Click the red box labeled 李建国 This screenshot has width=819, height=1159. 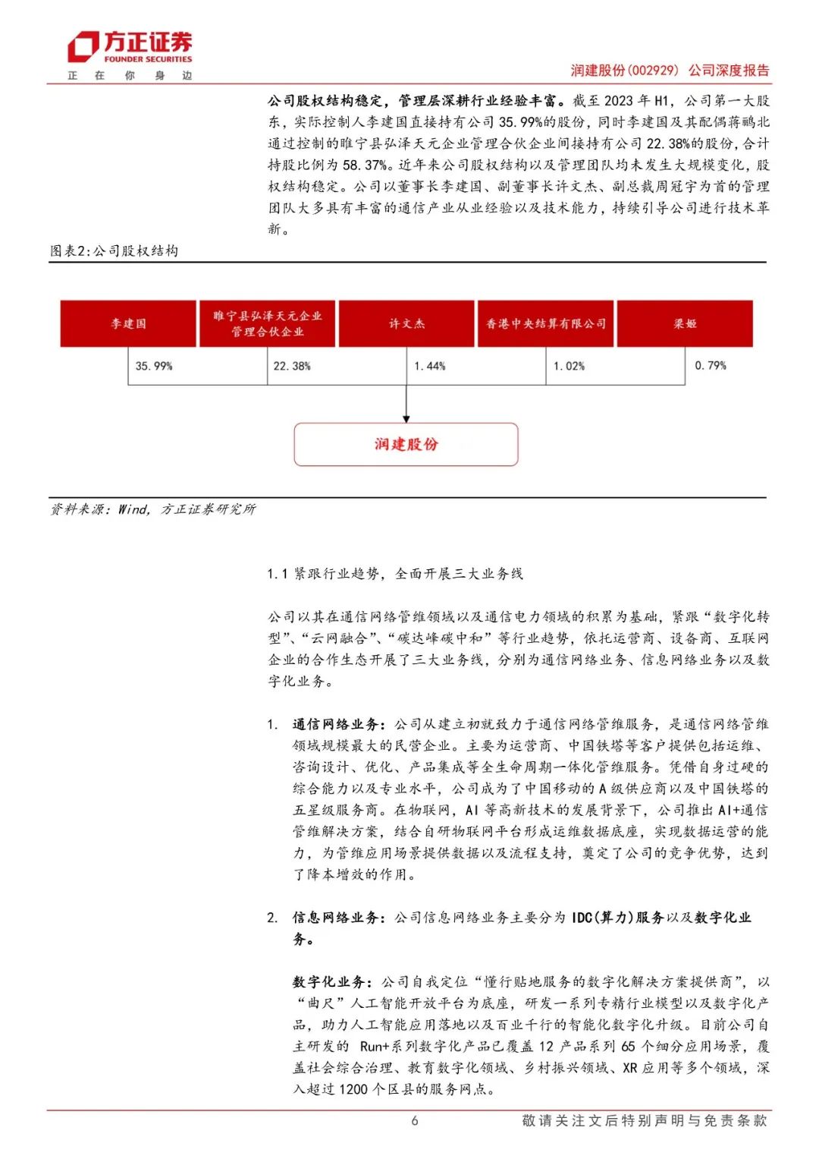point(128,324)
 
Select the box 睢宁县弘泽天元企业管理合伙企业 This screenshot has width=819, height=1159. point(267,324)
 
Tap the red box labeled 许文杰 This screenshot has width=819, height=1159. point(406,324)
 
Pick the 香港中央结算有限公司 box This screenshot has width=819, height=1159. point(545,324)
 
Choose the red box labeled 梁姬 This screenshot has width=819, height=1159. point(685,324)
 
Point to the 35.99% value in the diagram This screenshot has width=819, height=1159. point(154,366)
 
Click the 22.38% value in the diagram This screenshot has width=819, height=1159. point(292,366)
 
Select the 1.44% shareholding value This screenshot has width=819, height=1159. point(430,366)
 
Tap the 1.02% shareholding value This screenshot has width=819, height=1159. point(569,366)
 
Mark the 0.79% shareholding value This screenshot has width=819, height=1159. point(710,365)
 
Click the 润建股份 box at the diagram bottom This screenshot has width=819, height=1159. point(406,445)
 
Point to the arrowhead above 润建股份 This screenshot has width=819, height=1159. point(406,418)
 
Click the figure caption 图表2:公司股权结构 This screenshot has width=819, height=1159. point(114,251)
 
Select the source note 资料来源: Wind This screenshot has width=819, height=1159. point(152,509)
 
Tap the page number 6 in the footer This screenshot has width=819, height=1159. point(414,1121)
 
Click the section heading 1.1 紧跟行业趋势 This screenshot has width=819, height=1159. point(394,574)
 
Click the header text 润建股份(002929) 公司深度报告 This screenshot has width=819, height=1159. point(670,71)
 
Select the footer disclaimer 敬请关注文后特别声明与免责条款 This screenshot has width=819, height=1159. point(644,1121)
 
